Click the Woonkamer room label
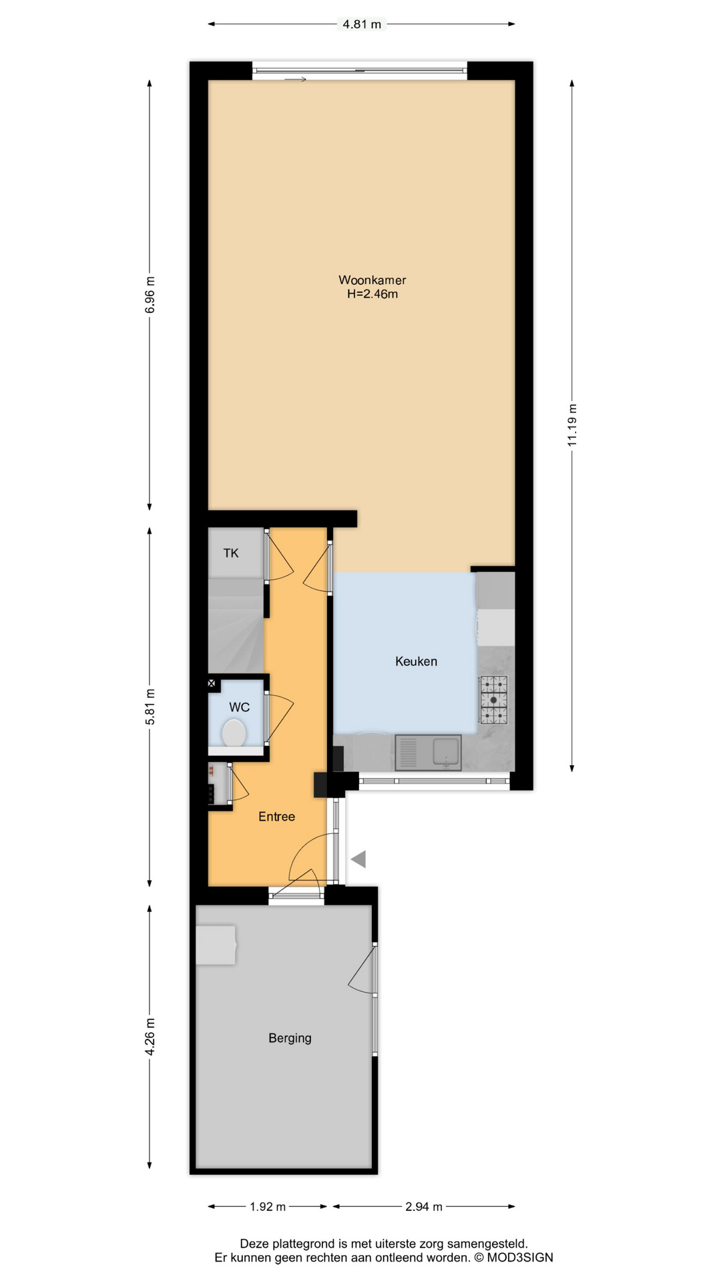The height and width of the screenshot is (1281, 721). tap(372, 280)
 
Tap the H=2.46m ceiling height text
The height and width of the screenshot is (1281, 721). tap(372, 294)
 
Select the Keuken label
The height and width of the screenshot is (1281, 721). tap(416, 661)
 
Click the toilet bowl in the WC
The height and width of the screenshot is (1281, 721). tap(234, 733)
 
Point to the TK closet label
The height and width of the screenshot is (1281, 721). tap(231, 553)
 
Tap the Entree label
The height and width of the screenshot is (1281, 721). tap(276, 817)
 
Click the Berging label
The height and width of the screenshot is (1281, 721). tap(290, 1038)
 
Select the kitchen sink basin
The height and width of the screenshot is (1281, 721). tap(446, 751)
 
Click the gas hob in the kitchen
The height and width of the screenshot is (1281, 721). tap(494, 700)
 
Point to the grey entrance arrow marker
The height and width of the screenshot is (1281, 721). tap(359, 859)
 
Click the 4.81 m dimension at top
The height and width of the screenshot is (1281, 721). tap(362, 25)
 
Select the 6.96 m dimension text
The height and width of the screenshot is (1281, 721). tap(150, 295)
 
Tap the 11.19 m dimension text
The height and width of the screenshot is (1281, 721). tap(572, 425)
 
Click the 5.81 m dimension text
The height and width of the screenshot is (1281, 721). tap(150, 707)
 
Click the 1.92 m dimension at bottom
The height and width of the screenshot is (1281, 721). tap(267, 1206)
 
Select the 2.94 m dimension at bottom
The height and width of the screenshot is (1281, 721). tap(424, 1206)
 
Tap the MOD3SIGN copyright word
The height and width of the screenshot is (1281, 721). tap(520, 1258)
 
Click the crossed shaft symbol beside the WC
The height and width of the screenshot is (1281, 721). tap(212, 683)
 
